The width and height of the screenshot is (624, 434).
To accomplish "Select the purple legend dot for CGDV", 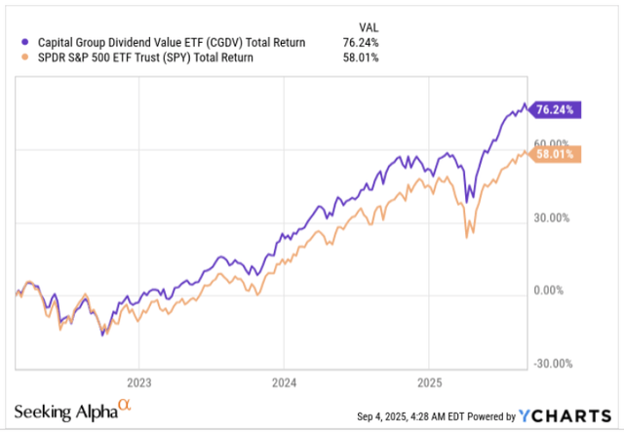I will click(24, 42).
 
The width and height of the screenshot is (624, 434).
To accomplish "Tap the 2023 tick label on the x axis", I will click(138, 381).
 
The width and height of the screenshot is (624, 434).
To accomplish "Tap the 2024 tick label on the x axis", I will click(284, 381).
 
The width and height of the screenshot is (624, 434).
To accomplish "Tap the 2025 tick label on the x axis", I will click(430, 381).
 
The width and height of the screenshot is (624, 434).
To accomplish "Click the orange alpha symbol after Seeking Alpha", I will click(123, 406).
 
